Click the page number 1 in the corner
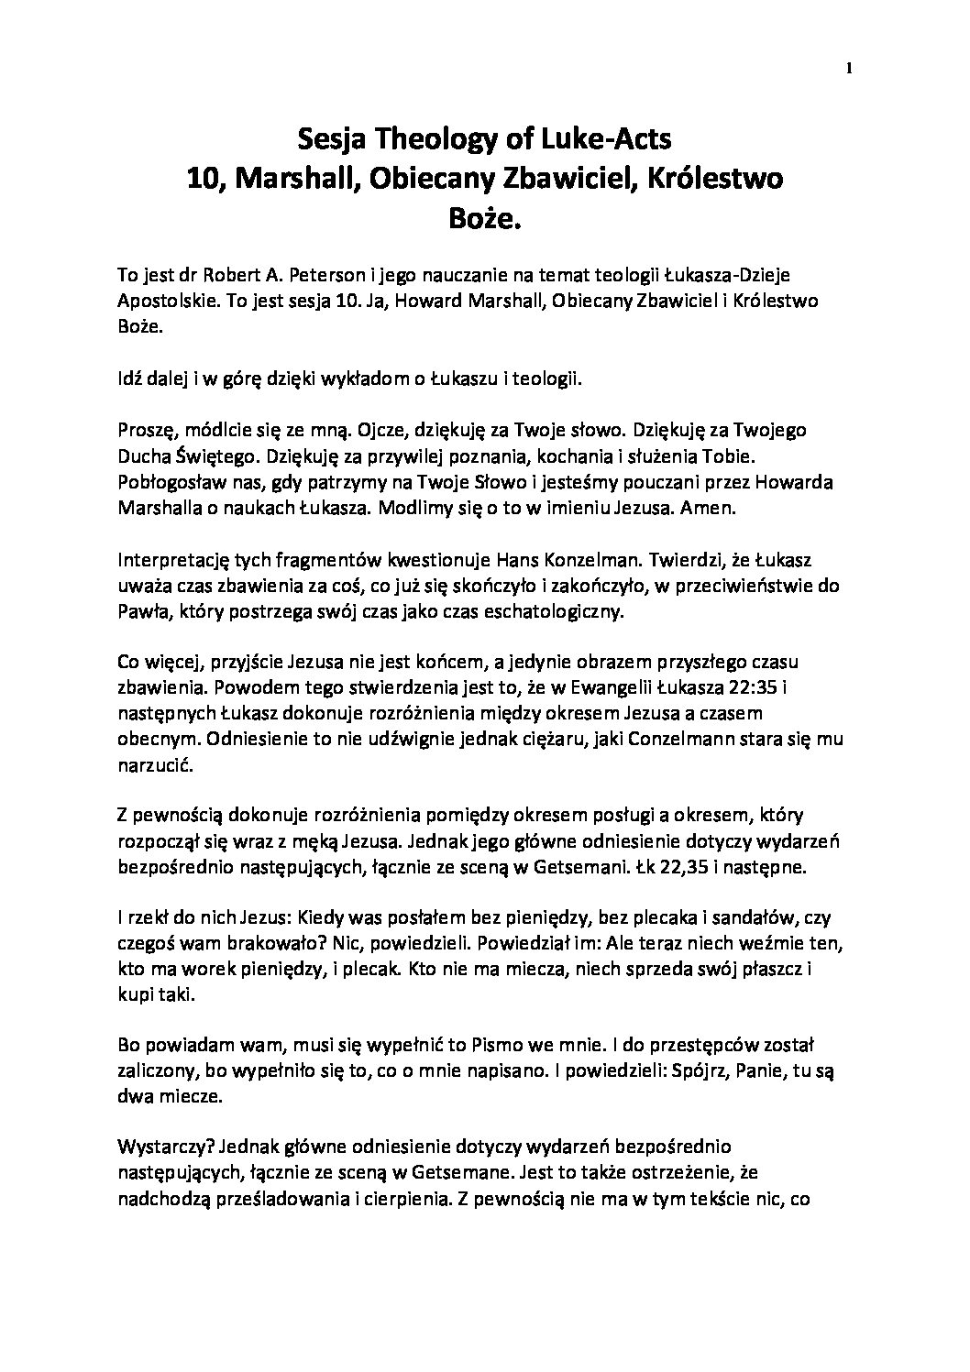[x=850, y=68]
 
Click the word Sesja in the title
[x=334, y=139]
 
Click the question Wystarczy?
[x=166, y=1146]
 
